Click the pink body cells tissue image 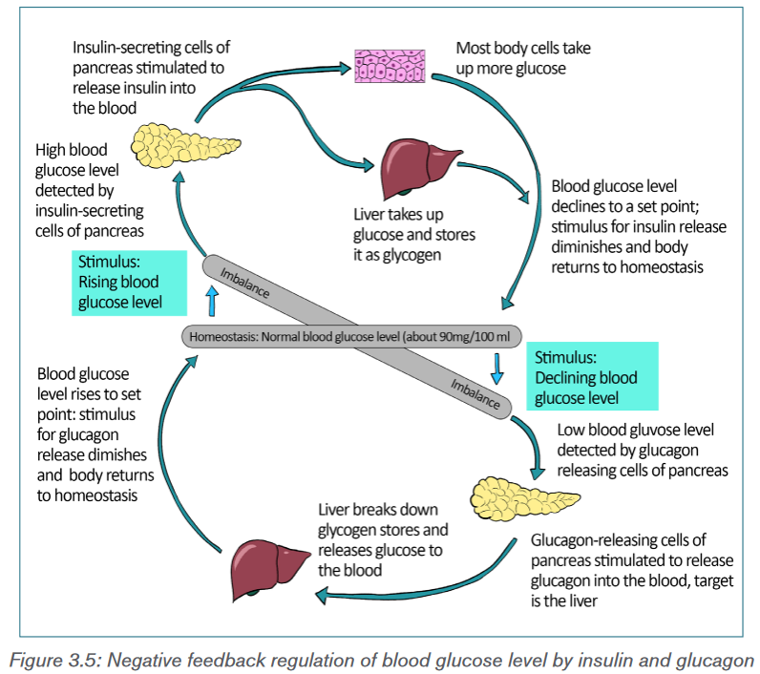click(x=390, y=66)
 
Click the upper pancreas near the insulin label click(x=185, y=145)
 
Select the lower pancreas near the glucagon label click(x=524, y=498)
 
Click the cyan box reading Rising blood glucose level click(x=130, y=283)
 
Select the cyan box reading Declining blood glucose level click(x=592, y=376)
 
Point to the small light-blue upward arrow click(x=212, y=301)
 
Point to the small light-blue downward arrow click(x=496, y=369)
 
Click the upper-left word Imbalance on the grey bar click(x=244, y=283)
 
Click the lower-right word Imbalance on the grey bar click(x=475, y=394)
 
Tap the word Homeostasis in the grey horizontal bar click(x=222, y=337)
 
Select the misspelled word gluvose click(x=660, y=430)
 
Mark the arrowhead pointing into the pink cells click(x=345, y=68)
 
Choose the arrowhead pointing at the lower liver click(x=322, y=595)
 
